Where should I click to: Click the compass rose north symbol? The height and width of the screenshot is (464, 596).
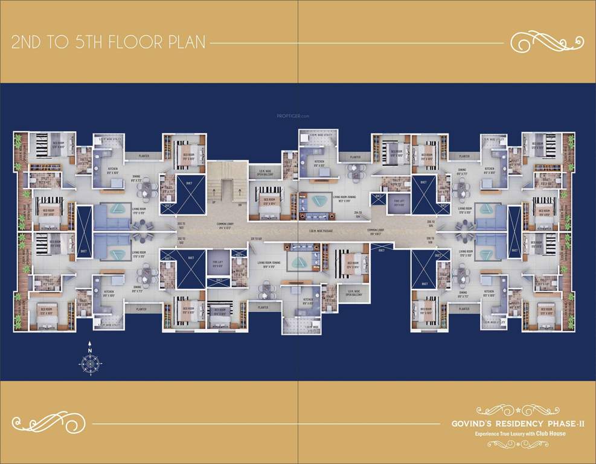click(89, 361)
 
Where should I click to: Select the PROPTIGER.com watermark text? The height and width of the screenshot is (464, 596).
click(293, 115)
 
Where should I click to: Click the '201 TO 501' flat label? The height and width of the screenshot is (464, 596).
click(257, 239)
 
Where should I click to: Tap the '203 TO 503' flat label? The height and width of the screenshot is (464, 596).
click(181, 224)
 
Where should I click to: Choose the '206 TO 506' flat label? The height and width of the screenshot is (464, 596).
click(431, 239)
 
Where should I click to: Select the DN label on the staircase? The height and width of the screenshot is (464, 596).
click(240, 203)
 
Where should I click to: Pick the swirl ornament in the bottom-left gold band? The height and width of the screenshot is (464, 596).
click(41, 420)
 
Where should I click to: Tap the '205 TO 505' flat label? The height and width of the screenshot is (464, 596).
click(431, 223)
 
